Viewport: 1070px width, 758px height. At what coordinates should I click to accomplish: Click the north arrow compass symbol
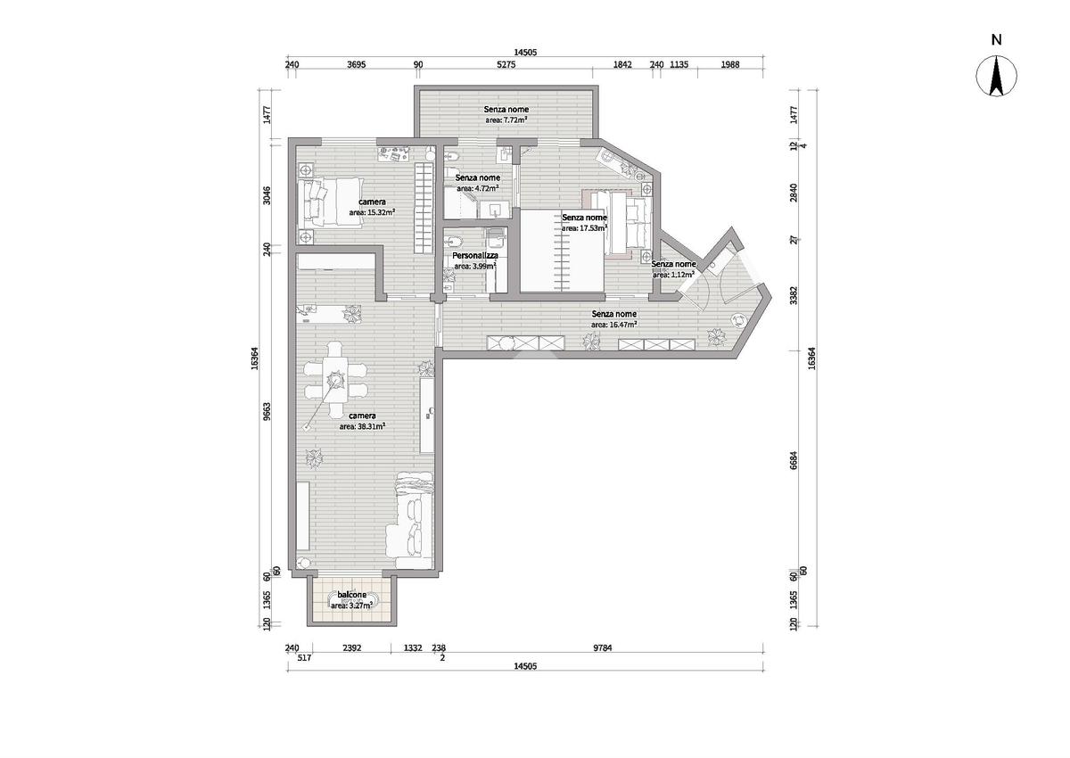pyautogui.click(x=996, y=76)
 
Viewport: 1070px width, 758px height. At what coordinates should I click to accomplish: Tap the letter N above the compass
pyautogui.click(x=996, y=39)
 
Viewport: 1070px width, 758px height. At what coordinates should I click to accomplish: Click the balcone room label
pyautogui.click(x=351, y=595)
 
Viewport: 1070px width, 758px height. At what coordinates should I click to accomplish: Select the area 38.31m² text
pyautogui.click(x=363, y=426)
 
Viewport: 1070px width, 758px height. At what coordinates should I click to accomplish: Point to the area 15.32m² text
pyautogui.click(x=372, y=212)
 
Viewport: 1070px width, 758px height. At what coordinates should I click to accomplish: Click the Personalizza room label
pyautogui.click(x=475, y=256)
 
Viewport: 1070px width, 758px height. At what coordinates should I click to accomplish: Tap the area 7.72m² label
pyautogui.click(x=506, y=120)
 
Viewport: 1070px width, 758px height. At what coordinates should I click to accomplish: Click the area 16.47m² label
pyautogui.click(x=613, y=325)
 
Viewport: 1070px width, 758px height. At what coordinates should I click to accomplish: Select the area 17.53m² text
pyautogui.click(x=584, y=228)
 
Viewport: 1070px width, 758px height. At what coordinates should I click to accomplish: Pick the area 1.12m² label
pyautogui.click(x=673, y=275)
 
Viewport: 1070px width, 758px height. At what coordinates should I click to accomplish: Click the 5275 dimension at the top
pyautogui.click(x=506, y=64)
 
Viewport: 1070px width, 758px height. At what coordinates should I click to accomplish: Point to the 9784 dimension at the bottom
pyautogui.click(x=603, y=648)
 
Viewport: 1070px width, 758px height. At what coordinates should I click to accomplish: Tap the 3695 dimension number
pyautogui.click(x=357, y=64)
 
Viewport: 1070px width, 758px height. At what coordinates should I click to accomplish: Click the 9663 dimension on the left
pyautogui.click(x=267, y=411)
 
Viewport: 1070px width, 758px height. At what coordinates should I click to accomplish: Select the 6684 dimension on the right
pyautogui.click(x=794, y=460)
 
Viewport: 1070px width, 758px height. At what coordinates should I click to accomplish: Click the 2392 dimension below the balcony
pyautogui.click(x=352, y=648)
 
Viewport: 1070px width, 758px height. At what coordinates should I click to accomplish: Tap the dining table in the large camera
pyautogui.click(x=335, y=380)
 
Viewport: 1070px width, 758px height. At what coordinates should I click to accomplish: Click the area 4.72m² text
pyautogui.click(x=478, y=188)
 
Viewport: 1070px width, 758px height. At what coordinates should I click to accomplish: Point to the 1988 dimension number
pyautogui.click(x=730, y=64)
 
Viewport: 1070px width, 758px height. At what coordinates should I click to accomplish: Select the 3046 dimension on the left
pyautogui.click(x=267, y=195)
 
